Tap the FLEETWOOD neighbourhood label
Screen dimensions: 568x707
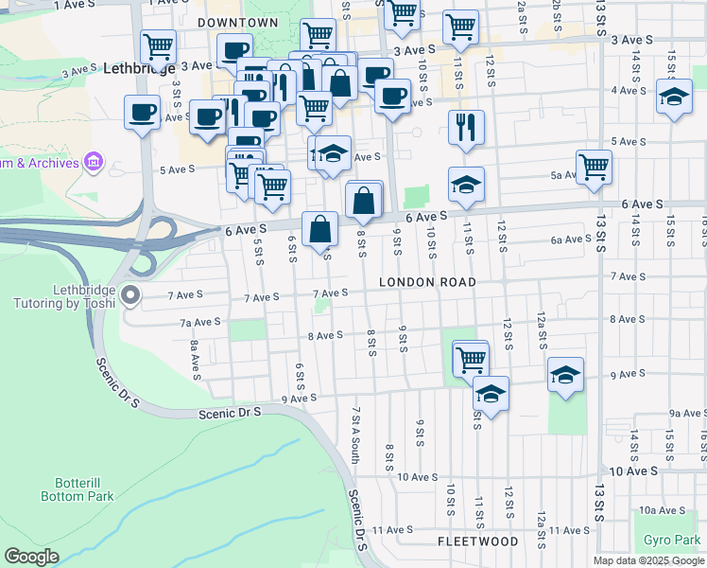tap(478, 541)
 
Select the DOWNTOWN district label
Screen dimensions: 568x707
tap(238, 22)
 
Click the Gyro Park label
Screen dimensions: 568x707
tap(672, 540)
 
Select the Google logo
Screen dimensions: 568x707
tap(31, 556)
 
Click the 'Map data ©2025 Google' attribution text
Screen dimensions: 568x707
tap(647, 560)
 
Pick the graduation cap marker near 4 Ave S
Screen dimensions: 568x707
tap(673, 98)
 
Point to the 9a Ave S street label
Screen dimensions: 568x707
tap(687, 414)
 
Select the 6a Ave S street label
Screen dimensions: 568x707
tap(573, 240)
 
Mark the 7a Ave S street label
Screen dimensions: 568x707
tap(200, 322)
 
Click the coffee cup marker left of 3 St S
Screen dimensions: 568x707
tap(142, 113)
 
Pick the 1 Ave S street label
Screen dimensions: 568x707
tap(72, 5)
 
